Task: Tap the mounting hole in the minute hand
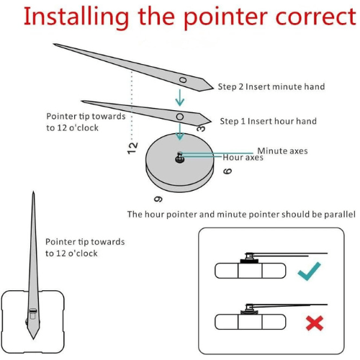pos(183,80)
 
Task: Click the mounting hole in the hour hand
pos(180,117)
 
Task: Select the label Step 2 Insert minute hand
pos(271,86)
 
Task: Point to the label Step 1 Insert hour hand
pos(269,121)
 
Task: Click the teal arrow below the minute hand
pos(180,98)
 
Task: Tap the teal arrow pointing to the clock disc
pos(180,132)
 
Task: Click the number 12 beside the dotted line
pos(132,148)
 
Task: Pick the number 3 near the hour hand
pos(201,128)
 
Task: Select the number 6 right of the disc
pos(228,171)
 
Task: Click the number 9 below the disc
pos(158,199)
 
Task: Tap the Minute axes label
pos(282,151)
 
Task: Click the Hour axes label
pos(243,158)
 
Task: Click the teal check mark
pos(309,271)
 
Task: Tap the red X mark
pos(315,323)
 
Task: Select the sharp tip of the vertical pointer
pos(33,192)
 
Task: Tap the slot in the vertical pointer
pos(33,311)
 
